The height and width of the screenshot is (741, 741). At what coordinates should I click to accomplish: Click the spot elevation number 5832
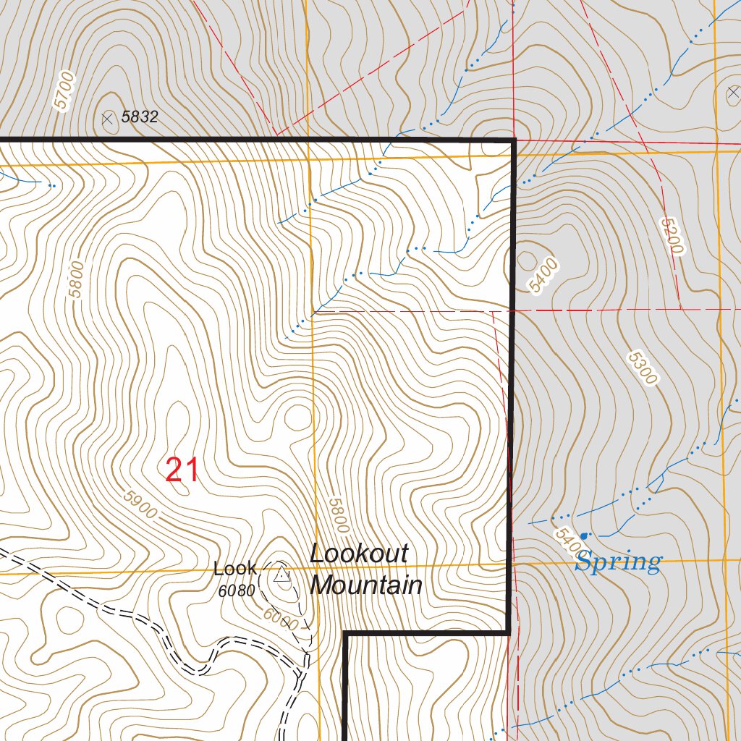point(140,117)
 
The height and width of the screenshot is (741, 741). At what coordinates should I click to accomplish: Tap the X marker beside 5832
point(109,118)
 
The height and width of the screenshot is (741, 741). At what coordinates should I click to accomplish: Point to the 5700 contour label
point(64,90)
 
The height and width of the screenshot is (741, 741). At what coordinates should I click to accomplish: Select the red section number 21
point(182,470)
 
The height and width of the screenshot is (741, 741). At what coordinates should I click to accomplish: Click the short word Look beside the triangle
point(234,569)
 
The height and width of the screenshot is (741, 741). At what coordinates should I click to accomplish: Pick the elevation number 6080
point(237,590)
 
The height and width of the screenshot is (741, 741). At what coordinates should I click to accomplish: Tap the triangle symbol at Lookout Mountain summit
point(281,576)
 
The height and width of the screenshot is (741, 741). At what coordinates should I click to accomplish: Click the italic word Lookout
point(359,554)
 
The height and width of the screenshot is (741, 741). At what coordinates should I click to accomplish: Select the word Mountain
point(366,585)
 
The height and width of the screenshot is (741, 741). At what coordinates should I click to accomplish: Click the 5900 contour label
point(140,505)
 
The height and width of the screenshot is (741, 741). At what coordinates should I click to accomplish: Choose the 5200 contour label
point(672,235)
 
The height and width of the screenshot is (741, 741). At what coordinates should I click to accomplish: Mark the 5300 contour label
point(643,368)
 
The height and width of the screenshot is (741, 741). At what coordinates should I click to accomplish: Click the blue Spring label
point(618,562)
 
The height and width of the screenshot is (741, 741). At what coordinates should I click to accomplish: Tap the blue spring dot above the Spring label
point(584,535)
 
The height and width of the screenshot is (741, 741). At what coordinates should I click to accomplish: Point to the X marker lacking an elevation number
point(732,93)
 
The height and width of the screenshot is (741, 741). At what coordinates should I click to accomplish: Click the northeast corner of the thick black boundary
point(514,139)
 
